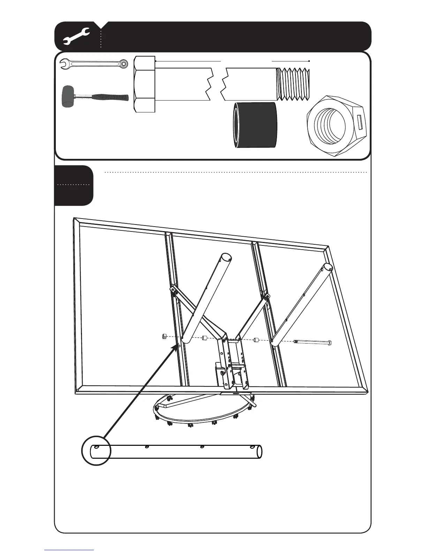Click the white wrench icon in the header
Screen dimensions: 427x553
click(x=76, y=37)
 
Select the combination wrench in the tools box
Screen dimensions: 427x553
click(x=93, y=64)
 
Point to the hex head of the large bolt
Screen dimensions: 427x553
click(x=144, y=84)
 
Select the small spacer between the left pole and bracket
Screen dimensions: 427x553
click(x=204, y=338)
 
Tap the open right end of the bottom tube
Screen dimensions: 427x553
click(x=259, y=451)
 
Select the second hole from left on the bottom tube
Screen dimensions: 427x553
click(x=147, y=447)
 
